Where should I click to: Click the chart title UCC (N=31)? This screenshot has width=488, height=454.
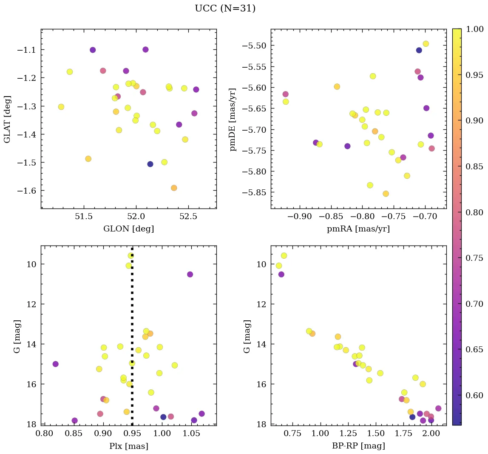(x=225, y=9)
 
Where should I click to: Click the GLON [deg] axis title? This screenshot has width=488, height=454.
(x=128, y=229)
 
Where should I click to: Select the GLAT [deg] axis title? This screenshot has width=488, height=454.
(x=7, y=119)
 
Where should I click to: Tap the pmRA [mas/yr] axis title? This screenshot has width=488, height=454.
(x=358, y=229)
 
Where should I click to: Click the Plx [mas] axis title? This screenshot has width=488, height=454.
(x=128, y=446)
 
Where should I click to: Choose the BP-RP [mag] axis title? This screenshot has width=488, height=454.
(x=358, y=446)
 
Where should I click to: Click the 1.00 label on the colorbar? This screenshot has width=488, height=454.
(x=474, y=29)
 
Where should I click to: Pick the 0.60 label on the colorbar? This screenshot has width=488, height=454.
(x=474, y=395)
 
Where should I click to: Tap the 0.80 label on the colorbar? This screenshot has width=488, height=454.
(x=474, y=212)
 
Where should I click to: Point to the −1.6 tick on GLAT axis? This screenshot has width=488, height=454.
(x=27, y=191)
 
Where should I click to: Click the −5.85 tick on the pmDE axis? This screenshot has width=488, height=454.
(x=254, y=193)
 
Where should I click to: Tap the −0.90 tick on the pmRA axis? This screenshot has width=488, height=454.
(x=300, y=216)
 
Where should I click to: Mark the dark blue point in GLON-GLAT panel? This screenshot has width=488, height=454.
(x=150, y=164)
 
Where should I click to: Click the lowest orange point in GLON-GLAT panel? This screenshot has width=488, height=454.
(x=174, y=188)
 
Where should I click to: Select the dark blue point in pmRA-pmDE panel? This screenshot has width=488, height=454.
(x=419, y=50)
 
